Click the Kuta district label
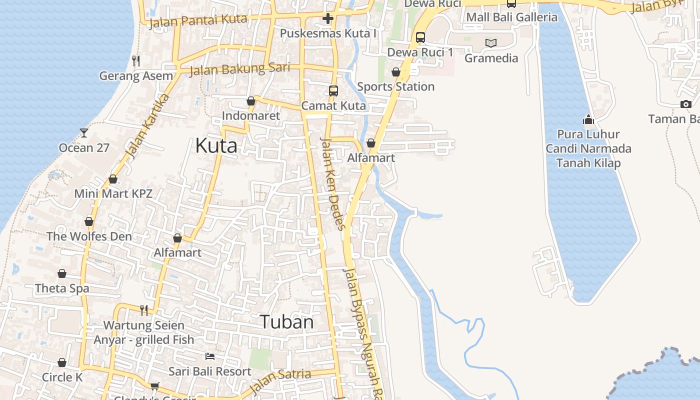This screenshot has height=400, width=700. [216, 145]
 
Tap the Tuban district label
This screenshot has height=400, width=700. [286, 322]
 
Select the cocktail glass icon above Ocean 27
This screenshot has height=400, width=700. [84, 133]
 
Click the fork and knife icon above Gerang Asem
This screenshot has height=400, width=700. [136, 61]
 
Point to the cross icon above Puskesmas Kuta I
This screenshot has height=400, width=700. [328, 19]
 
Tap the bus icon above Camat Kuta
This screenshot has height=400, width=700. [333, 91]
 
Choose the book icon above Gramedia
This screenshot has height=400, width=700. [491, 43]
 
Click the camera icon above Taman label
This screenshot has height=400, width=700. [686, 104]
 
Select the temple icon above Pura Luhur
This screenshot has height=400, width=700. [588, 119]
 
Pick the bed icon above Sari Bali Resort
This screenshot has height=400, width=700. [210, 356]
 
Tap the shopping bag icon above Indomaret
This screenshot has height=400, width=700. [251, 101]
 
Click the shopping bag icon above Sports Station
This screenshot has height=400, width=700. [396, 72]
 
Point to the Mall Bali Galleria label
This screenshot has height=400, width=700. [511, 17]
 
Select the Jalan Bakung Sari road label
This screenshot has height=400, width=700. [239, 69]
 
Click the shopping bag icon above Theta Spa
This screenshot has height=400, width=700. [62, 273]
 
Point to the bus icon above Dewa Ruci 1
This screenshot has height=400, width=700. [420, 37]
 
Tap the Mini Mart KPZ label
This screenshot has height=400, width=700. [113, 193]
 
